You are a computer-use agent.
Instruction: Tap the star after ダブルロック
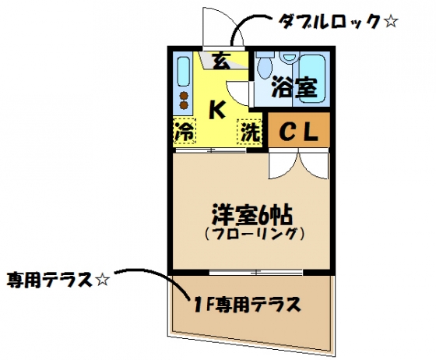(x=390, y=21)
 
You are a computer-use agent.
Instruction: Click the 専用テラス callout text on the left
(x=50, y=280)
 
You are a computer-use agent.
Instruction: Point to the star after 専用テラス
(x=102, y=280)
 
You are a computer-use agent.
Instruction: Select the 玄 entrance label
(x=222, y=61)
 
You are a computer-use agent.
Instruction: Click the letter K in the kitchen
(x=216, y=110)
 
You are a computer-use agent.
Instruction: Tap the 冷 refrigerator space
(x=185, y=132)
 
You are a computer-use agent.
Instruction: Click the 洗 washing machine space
(x=249, y=132)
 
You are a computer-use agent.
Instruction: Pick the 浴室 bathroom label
(x=295, y=86)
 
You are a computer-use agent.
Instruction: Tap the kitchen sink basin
(x=184, y=72)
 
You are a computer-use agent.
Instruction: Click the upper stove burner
(x=184, y=96)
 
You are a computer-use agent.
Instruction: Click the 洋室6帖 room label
(x=252, y=214)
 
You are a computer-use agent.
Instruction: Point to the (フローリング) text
(x=254, y=235)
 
